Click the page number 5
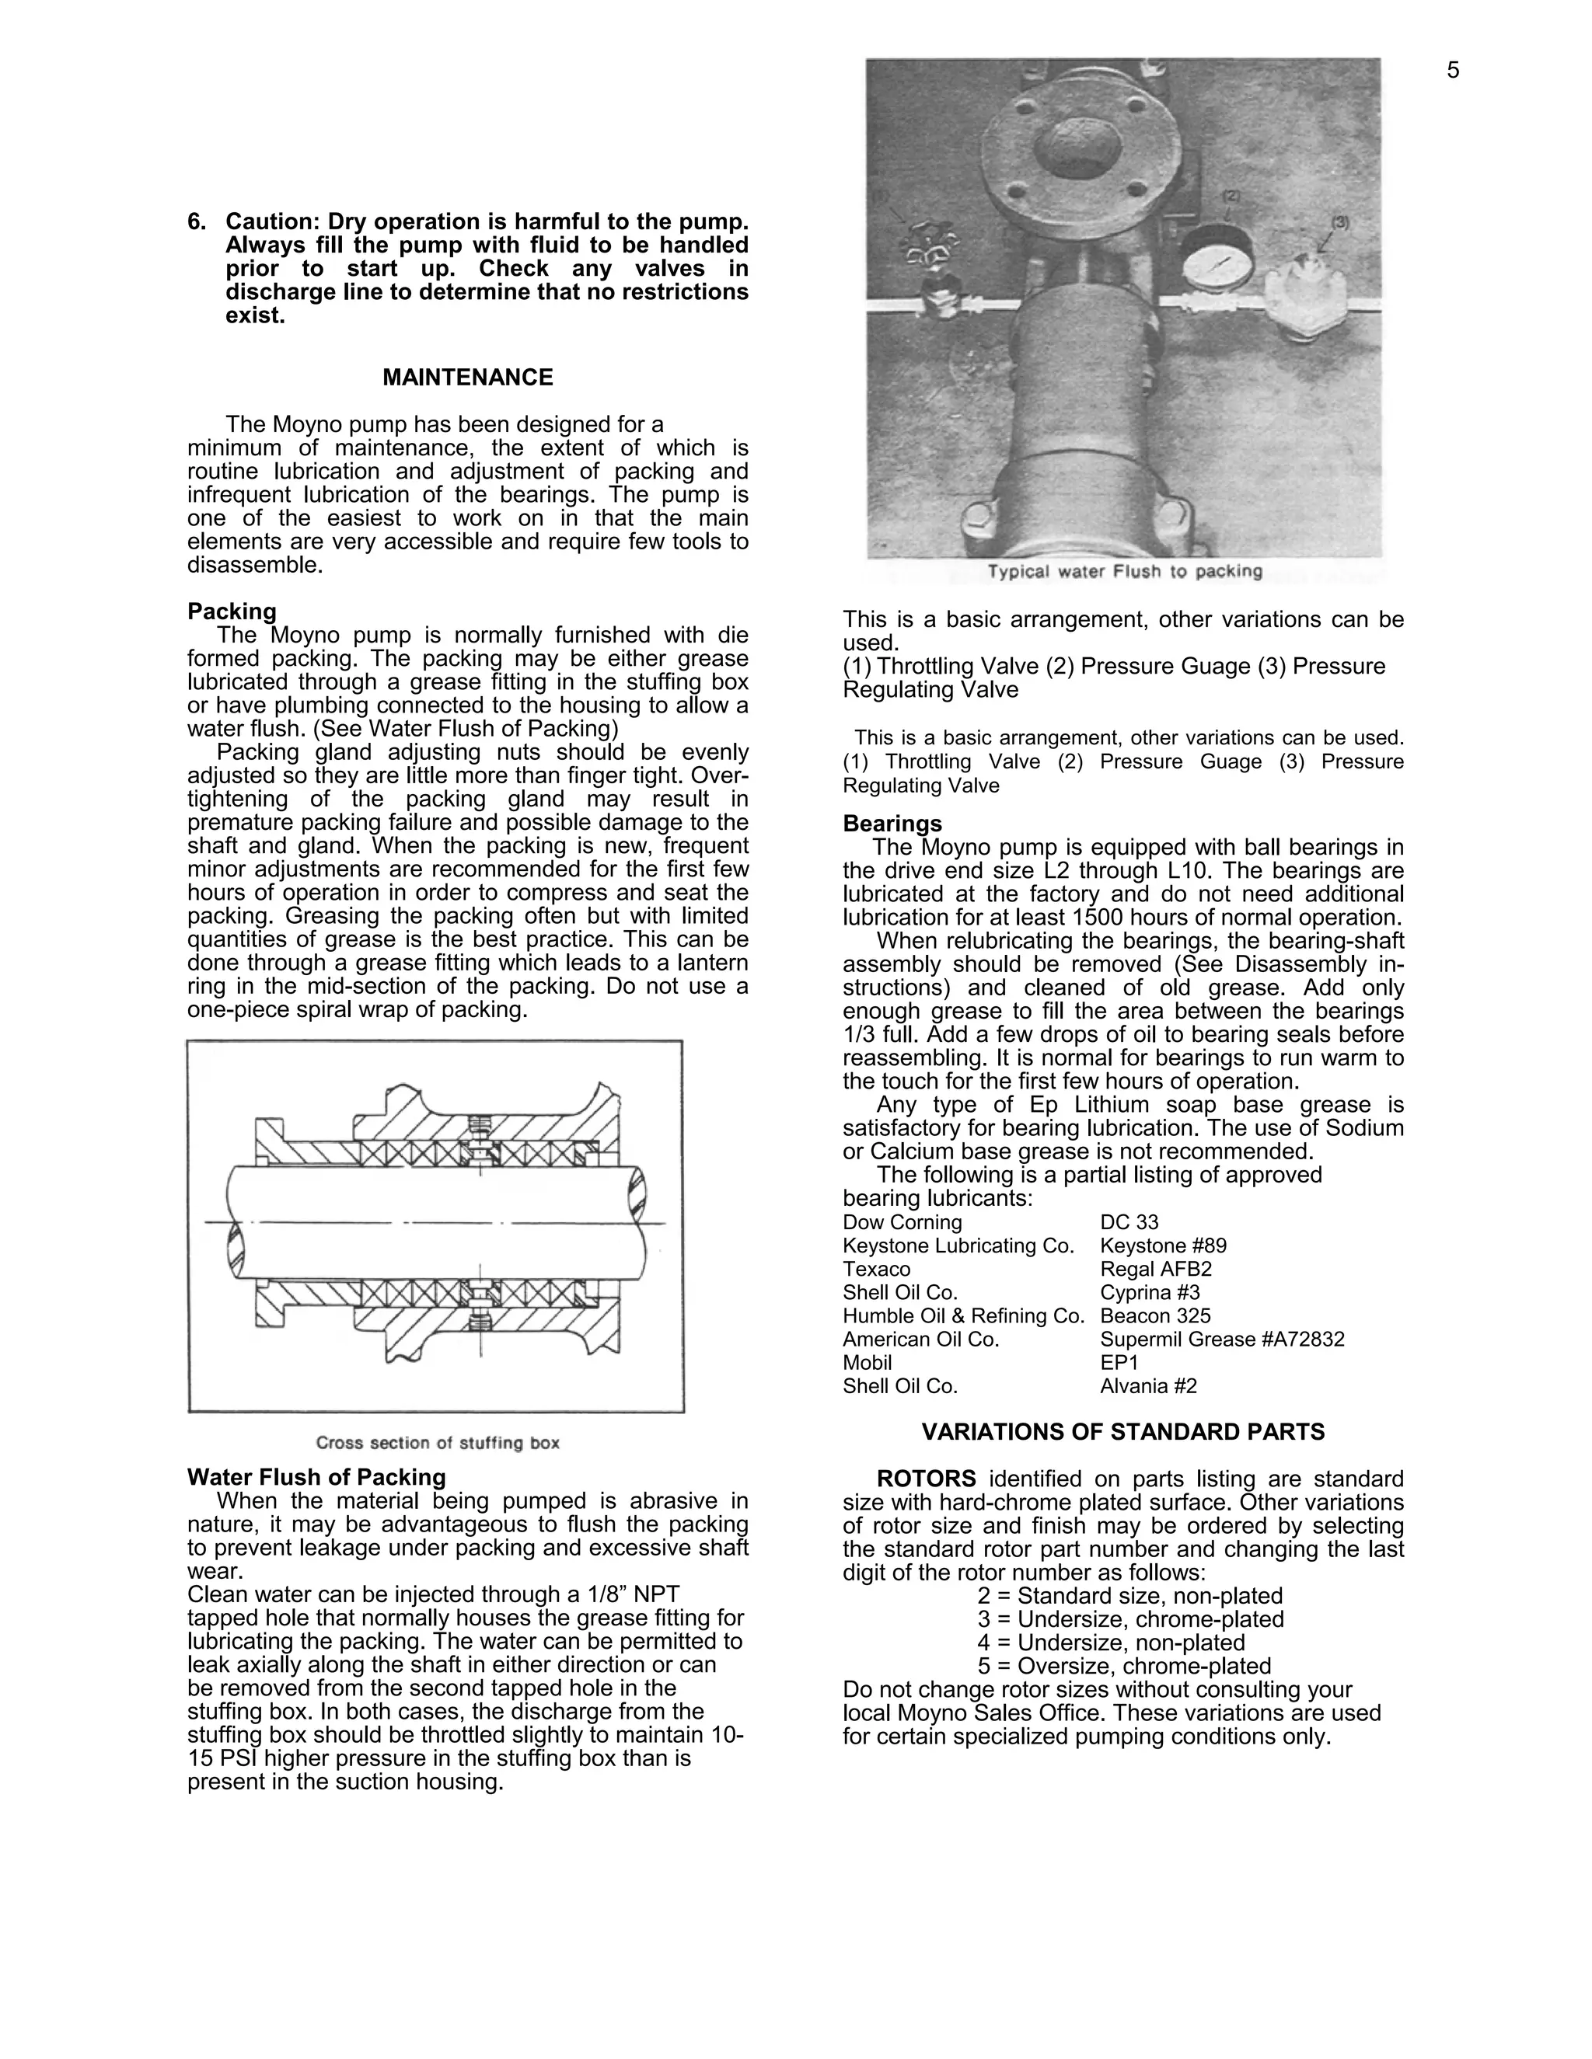click(x=1452, y=71)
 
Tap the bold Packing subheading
click(x=232, y=611)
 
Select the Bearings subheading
click(x=892, y=824)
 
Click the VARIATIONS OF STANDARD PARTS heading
click(x=1122, y=1432)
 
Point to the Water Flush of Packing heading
click(x=316, y=1477)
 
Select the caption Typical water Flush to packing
click(x=1124, y=571)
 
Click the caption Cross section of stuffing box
click(x=438, y=1442)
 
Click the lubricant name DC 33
click(x=1129, y=1223)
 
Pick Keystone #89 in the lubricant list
click(x=1163, y=1246)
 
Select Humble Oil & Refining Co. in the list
click(x=963, y=1316)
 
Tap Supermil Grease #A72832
click(x=1221, y=1340)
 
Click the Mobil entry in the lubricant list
click(x=867, y=1364)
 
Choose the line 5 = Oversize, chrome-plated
click(x=1124, y=1666)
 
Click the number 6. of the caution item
click(x=196, y=222)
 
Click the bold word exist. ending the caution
click(x=255, y=315)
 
